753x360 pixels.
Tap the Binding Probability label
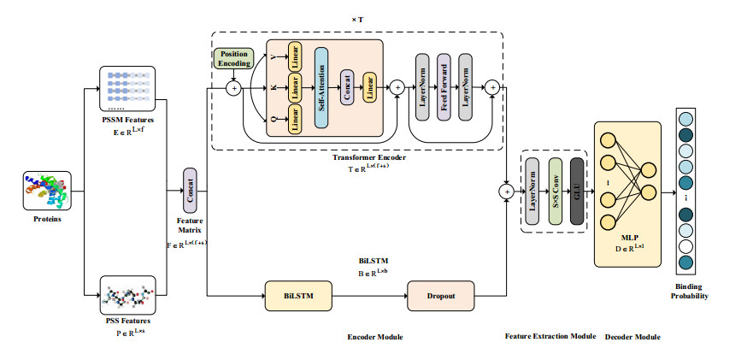691,291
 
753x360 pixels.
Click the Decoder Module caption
632,337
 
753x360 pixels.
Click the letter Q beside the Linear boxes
274,120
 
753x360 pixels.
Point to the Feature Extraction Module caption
550,337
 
